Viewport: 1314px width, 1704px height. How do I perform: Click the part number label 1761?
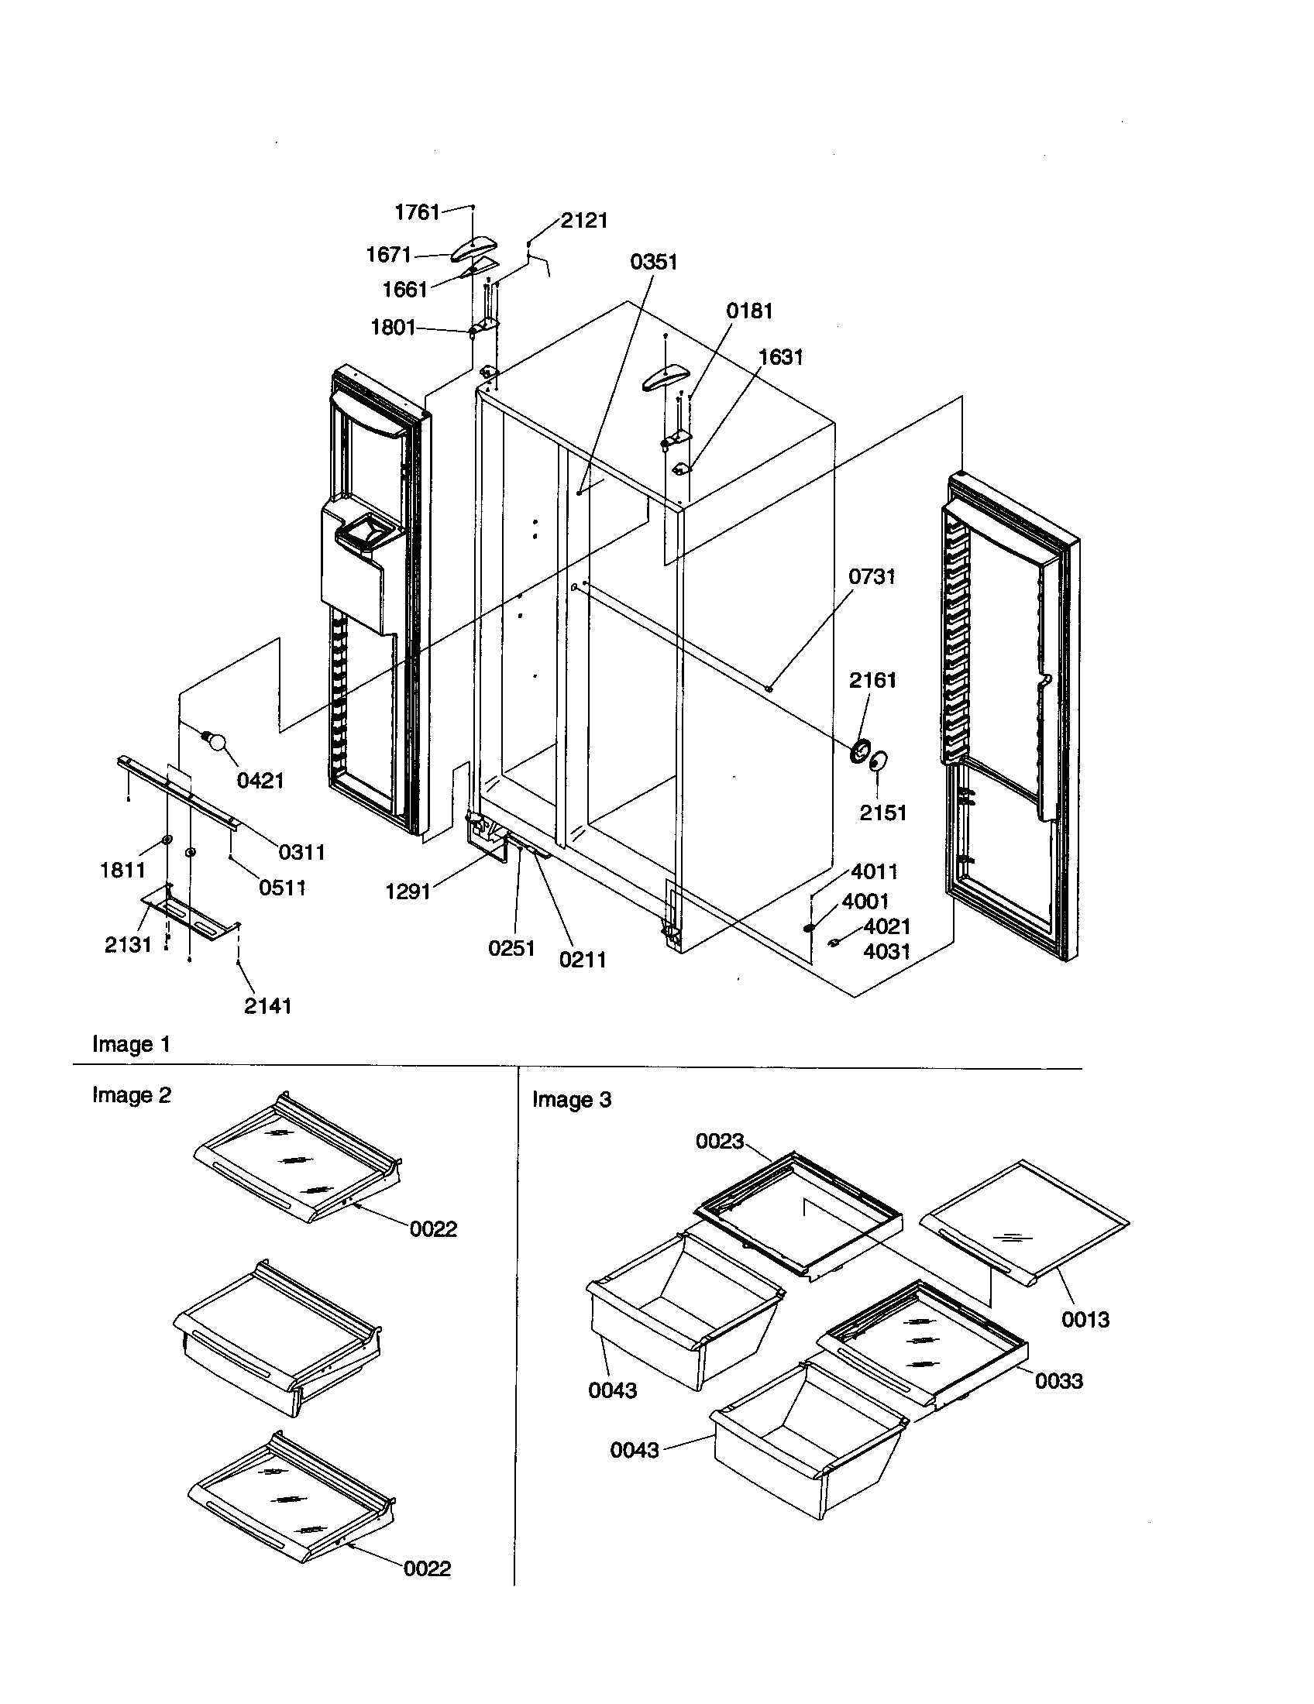[418, 212]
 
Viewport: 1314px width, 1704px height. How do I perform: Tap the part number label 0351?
[654, 262]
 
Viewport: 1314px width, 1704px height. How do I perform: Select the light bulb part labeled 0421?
[215, 740]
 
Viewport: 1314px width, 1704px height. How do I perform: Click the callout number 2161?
[872, 680]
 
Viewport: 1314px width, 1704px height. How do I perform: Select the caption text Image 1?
[131, 1044]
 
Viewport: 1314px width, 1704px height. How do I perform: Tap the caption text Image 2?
[131, 1095]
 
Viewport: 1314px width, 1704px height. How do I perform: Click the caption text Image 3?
[571, 1100]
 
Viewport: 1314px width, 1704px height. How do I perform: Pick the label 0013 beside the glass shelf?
[1085, 1320]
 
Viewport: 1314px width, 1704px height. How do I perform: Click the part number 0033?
[1059, 1382]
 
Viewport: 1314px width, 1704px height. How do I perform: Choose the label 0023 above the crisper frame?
[720, 1142]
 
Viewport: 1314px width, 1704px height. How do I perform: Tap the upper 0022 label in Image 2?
[433, 1230]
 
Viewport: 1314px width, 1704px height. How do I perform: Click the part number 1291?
[408, 891]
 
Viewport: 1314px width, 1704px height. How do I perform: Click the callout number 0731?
[872, 577]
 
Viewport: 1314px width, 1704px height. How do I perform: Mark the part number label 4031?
[887, 952]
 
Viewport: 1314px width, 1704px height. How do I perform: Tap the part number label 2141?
[267, 1006]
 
